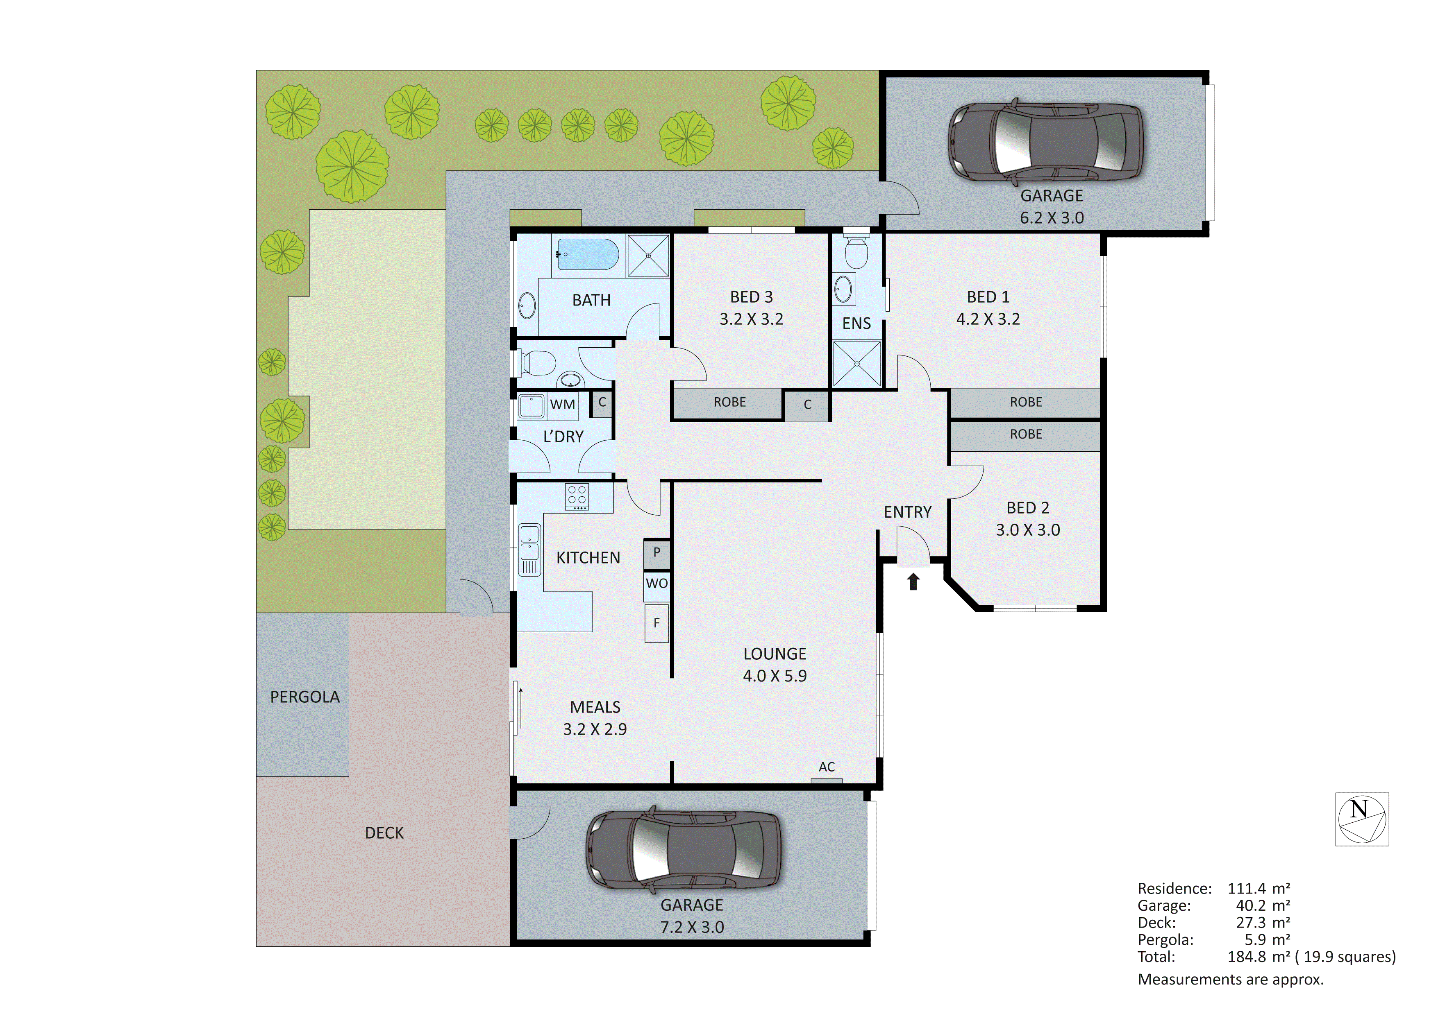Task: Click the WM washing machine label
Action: point(562,405)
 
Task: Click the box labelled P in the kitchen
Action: point(657,552)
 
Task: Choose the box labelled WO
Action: point(657,584)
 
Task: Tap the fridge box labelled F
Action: point(657,623)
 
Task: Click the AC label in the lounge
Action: point(826,767)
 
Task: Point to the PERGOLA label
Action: point(304,697)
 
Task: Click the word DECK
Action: point(384,833)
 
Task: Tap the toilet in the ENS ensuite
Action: point(856,252)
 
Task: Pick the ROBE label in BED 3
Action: point(729,402)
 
